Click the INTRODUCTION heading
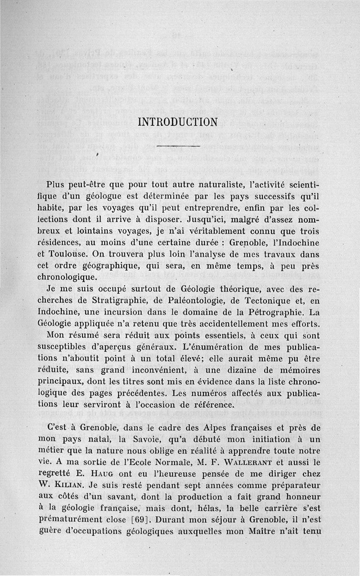pyautogui.click(x=177, y=122)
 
